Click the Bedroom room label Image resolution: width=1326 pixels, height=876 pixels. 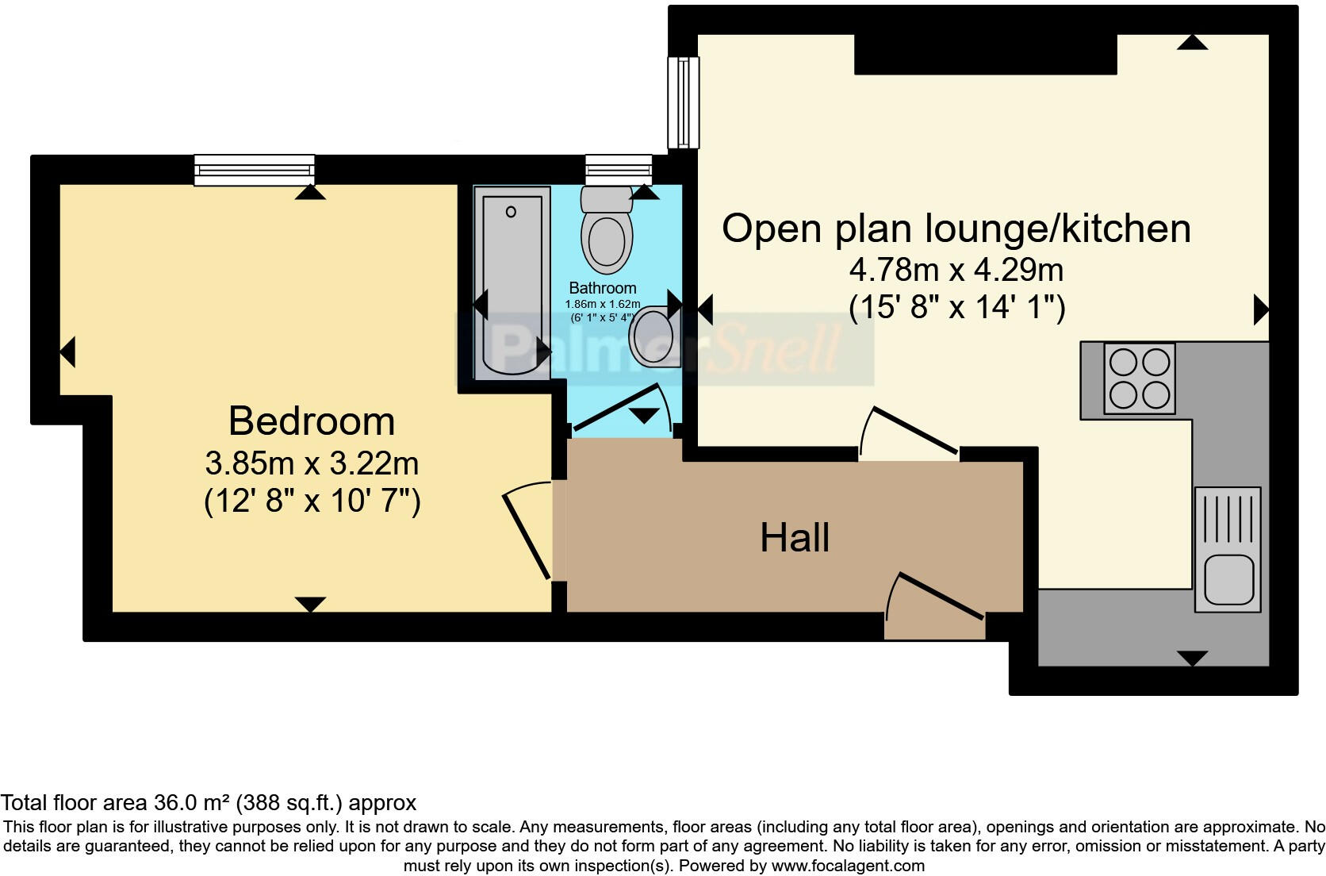tap(312, 421)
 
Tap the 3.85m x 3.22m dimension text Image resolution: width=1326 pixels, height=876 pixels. tap(312, 463)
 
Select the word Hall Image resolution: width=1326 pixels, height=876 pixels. tap(795, 538)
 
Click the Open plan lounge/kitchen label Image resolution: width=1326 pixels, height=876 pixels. tap(956, 229)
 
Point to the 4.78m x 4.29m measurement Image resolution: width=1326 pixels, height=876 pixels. tap(956, 271)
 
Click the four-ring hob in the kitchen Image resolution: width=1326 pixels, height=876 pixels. tap(1140, 378)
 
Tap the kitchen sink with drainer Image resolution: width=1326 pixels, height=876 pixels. tap(1228, 549)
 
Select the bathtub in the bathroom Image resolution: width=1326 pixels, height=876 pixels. tap(512, 282)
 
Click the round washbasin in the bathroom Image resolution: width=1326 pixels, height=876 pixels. tap(653, 336)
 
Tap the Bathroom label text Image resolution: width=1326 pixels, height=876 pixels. tap(603, 288)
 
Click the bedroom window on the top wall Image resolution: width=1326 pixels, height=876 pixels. tap(255, 170)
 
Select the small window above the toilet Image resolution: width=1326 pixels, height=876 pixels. tap(619, 170)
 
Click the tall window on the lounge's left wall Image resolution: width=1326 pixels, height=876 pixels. tap(683, 102)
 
